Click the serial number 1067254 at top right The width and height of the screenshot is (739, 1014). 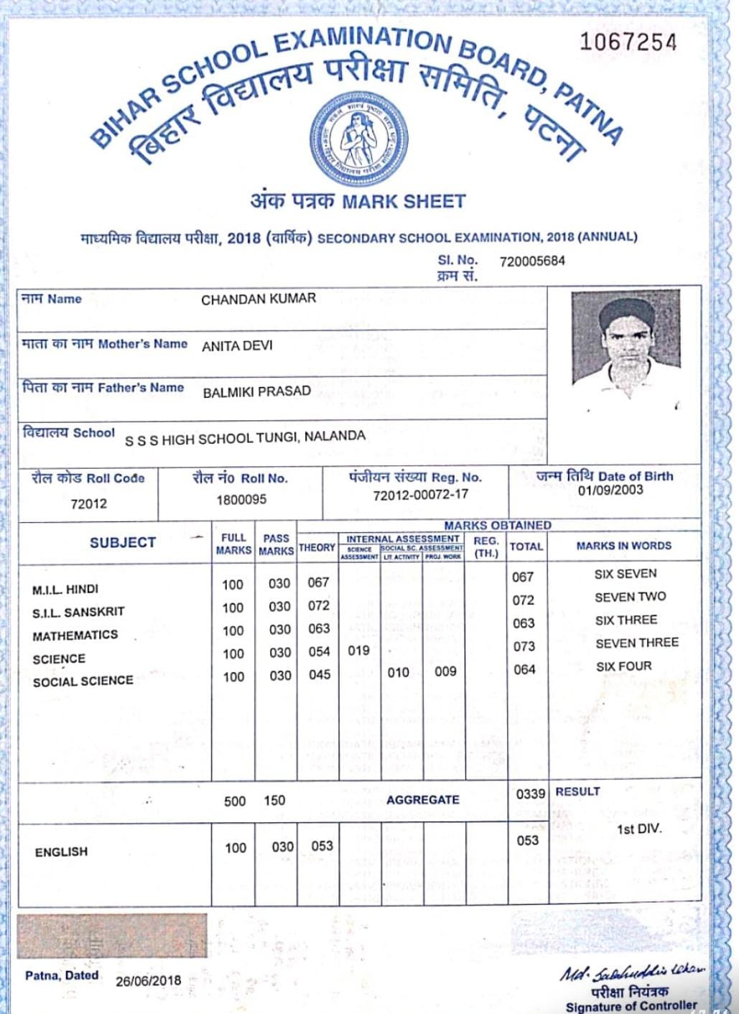pyautogui.click(x=628, y=42)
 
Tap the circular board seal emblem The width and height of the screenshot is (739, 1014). pyautogui.click(x=358, y=140)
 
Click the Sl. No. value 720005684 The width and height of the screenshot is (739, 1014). pyautogui.click(x=532, y=261)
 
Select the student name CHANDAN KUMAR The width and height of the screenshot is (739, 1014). pyautogui.click(x=259, y=299)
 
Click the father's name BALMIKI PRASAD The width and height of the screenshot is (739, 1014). pyautogui.click(x=256, y=391)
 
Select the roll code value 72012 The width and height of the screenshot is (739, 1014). pyautogui.click(x=89, y=503)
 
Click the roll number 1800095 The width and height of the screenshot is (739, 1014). pyautogui.click(x=241, y=499)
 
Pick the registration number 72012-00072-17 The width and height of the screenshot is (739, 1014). pyautogui.click(x=420, y=495)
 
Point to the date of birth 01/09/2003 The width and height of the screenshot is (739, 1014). pyautogui.click(x=610, y=490)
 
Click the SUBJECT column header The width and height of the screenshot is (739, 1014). pyautogui.click(x=123, y=543)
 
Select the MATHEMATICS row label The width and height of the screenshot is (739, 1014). pyautogui.click(x=75, y=636)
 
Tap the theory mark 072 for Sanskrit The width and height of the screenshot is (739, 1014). pyautogui.click(x=319, y=605)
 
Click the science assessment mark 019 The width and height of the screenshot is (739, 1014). pyautogui.click(x=358, y=651)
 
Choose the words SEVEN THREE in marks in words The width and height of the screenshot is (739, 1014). pyautogui.click(x=636, y=643)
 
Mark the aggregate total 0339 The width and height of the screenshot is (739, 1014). pyautogui.click(x=530, y=794)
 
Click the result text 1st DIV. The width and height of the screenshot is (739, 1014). pyautogui.click(x=638, y=829)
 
